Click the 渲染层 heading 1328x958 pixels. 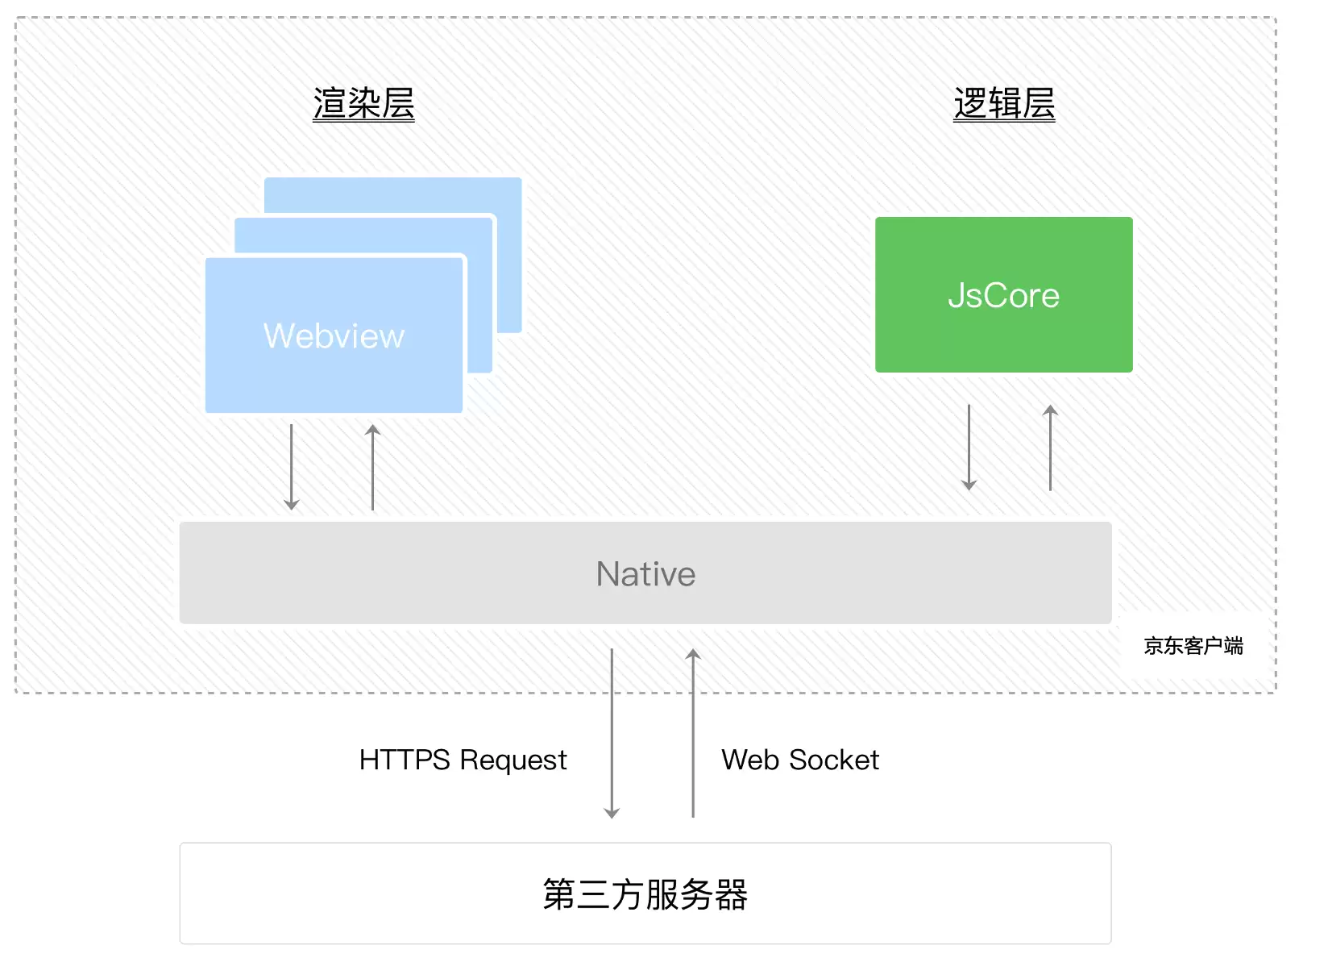click(363, 104)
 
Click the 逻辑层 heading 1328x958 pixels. click(1004, 104)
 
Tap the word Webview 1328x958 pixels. click(334, 335)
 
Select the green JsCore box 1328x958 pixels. click(1004, 295)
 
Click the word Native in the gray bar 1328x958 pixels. click(645, 573)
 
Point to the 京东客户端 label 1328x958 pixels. click(1193, 645)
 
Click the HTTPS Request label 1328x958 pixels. click(463, 760)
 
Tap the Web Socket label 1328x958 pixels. click(800, 760)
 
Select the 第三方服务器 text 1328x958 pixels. click(645, 894)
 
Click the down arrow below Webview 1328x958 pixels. click(291, 467)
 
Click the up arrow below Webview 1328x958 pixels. click(372, 467)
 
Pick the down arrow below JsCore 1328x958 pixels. click(969, 448)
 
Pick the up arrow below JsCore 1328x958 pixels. click(1050, 448)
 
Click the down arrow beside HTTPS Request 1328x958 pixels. click(612, 733)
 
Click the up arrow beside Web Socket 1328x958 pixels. click(693, 733)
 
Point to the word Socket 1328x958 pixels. click(834, 760)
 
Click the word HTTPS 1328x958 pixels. click(405, 760)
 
